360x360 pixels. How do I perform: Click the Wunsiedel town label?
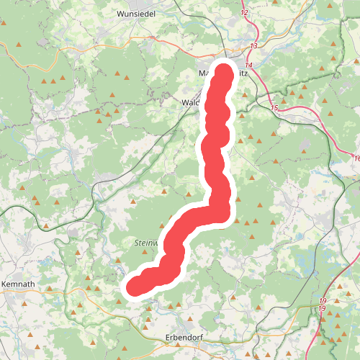click(136, 13)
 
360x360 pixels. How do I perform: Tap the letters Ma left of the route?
click(204, 73)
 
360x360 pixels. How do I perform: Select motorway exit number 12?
click(245, 14)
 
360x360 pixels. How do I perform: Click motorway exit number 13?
click(253, 45)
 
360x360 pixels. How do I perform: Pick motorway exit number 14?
click(248, 65)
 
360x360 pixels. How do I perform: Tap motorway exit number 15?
click(274, 108)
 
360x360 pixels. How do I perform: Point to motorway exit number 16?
click(357, 158)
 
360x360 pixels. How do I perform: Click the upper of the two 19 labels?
click(323, 300)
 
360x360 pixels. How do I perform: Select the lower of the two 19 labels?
click(323, 309)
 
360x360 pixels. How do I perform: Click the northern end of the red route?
click(224, 73)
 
